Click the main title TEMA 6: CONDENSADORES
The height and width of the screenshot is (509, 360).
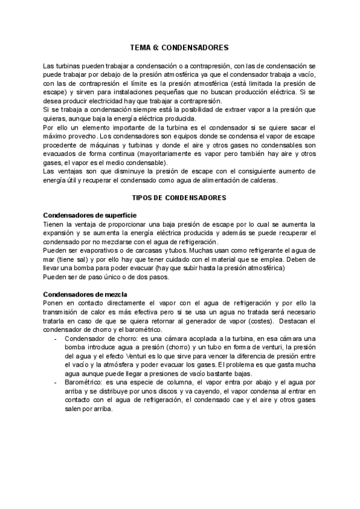(179, 47)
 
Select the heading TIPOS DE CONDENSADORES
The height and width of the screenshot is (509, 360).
(179, 197)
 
